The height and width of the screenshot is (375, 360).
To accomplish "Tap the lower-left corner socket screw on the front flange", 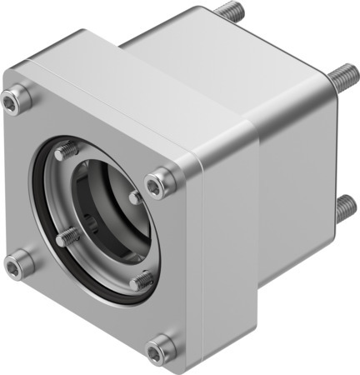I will [x=19, y=267].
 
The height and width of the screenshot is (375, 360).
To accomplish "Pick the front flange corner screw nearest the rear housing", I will [x=161, y=182].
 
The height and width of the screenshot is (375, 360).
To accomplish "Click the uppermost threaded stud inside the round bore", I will [x=67, y=152].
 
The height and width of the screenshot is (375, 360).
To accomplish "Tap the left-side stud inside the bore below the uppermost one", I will [x=68, y=237].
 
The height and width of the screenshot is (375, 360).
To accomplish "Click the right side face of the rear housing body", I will [x=296, y=183].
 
